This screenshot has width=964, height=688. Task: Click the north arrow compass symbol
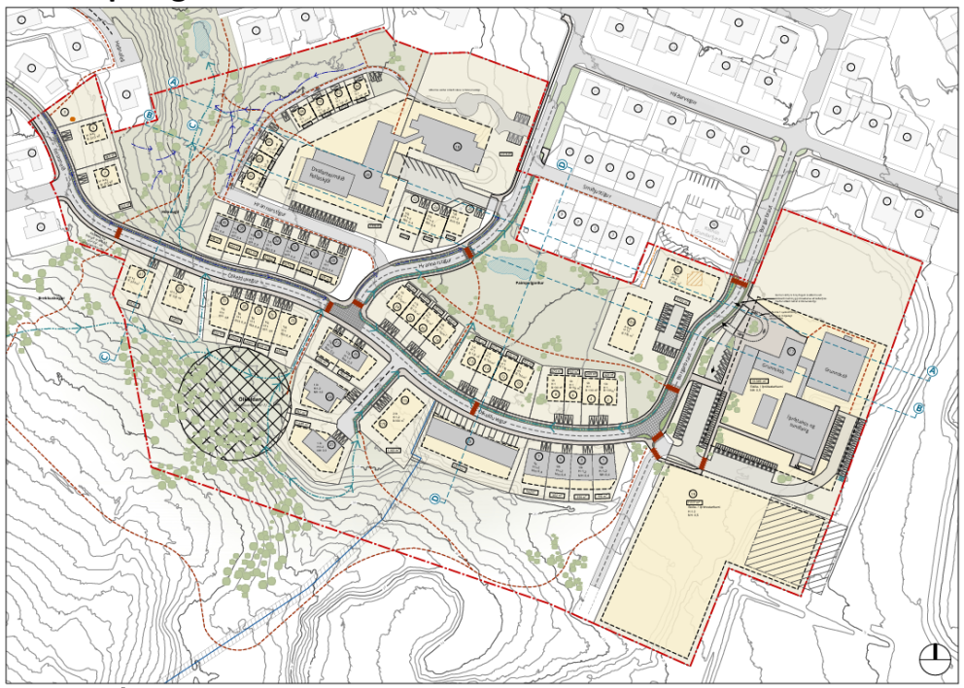pos(935,659)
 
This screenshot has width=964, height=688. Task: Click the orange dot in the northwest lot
pos(73,120)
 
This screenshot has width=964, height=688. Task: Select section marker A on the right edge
pos(930,372)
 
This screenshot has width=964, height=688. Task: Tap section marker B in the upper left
pos(149,116)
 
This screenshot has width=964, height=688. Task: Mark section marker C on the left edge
pos(104,356)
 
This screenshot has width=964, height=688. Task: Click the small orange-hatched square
pos(693,277)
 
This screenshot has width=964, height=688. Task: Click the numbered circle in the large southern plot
pos(693,494)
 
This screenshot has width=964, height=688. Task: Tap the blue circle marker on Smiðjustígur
pos(562,166)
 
